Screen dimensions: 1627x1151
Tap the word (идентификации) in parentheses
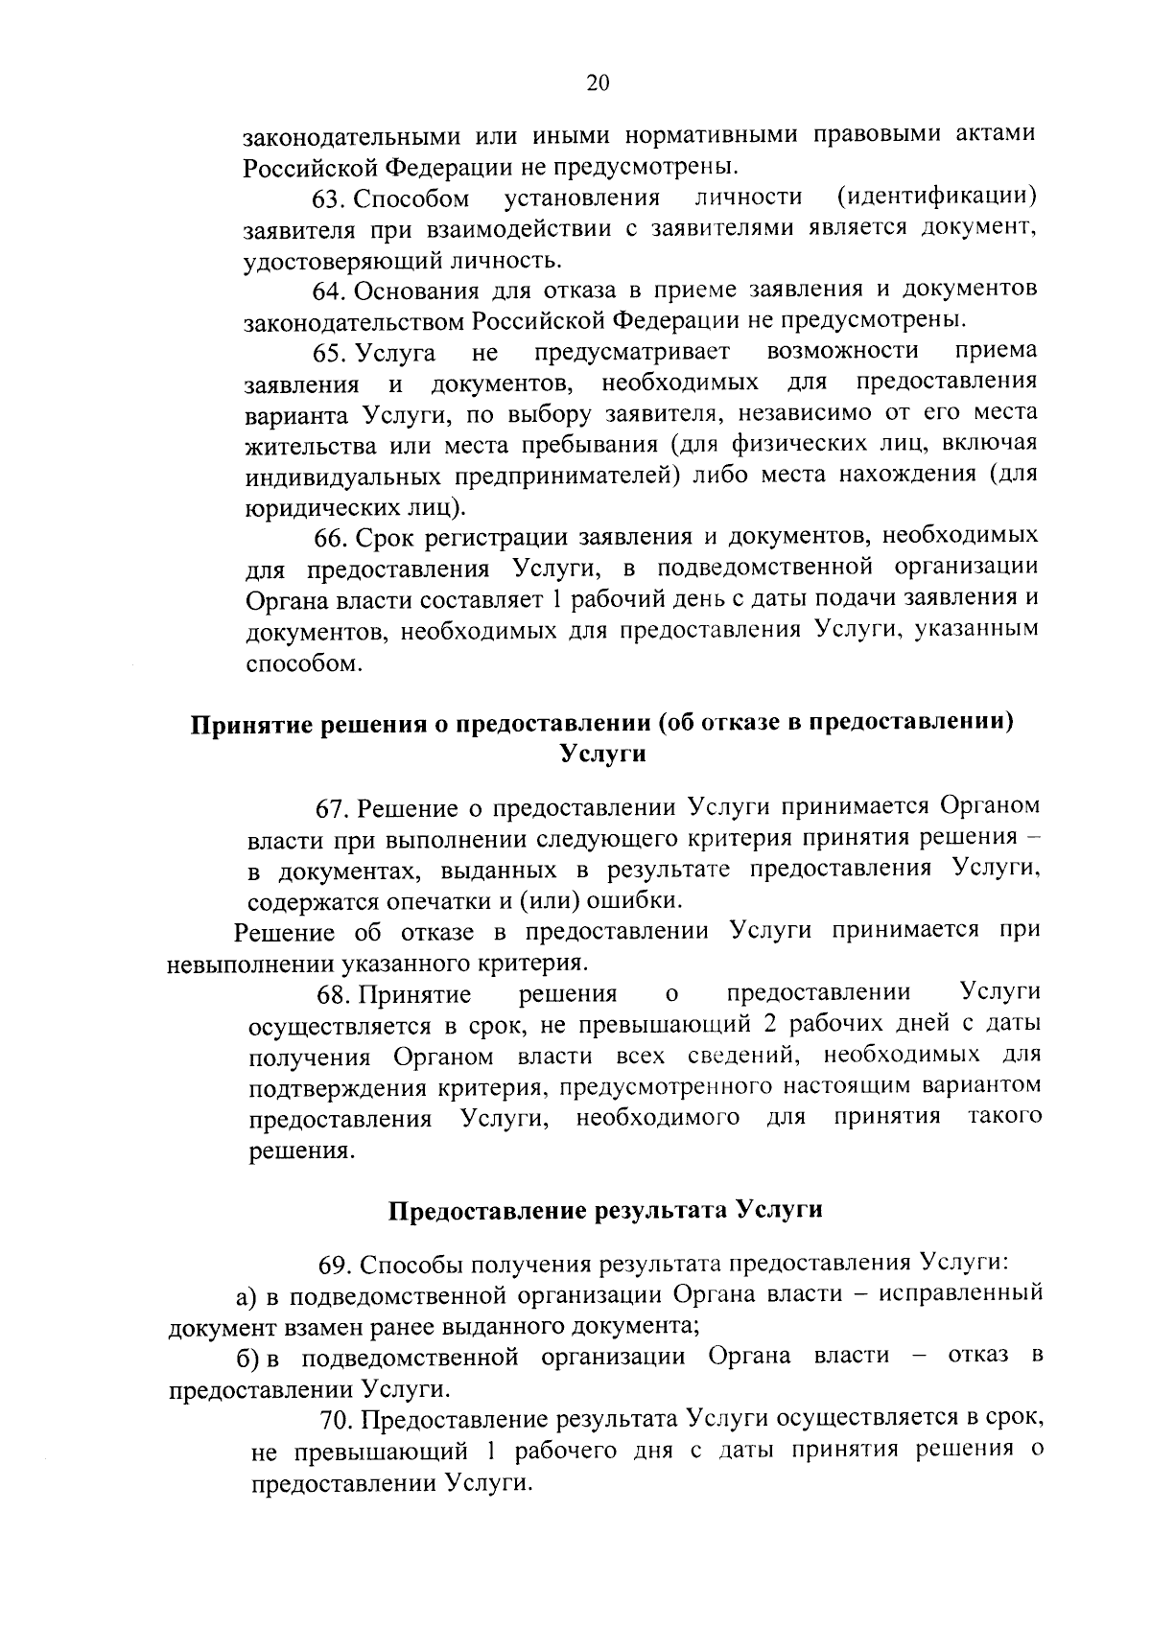coord(937,198)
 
